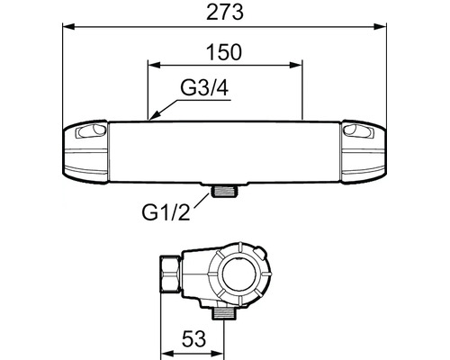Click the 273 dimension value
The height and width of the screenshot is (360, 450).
pyautogui.click(x=225, y=13)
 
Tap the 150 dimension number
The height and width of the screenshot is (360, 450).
pyautogui.click(x=224, y=52)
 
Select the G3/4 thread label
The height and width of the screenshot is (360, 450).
pyautogui.click(x=204, y=88)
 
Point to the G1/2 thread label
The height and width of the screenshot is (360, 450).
pyautogui.click(x=166, y=212)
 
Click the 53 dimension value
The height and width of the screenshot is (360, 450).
pyautogui.click(x=194, y=338)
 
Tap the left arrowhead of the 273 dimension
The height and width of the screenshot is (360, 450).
pyautogui.click(x=68, y=27)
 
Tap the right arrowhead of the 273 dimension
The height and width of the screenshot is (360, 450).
pyautogui.click(x=380, y=27)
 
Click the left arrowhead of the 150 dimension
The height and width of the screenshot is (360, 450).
pyautogui.click(x=155, y=66)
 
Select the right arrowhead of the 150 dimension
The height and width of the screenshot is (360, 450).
pyautogui.click(x=295, y=66)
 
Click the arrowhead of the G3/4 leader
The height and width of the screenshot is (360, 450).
pyautogui.click(x=154, y=116)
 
